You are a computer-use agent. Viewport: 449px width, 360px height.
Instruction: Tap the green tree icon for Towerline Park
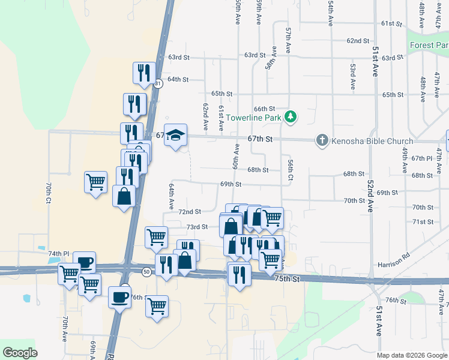click(291, 116)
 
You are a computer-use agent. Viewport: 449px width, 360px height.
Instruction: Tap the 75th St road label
click(287, 279)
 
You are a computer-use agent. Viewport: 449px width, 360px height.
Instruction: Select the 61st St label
click(391, 23)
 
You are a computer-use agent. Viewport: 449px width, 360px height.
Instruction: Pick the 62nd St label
click(358, 41)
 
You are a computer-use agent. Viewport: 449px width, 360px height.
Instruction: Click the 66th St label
click(264, 109)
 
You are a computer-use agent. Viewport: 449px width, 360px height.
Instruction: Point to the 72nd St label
click(190, 212)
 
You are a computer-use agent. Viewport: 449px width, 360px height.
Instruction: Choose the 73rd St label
click(196, 227)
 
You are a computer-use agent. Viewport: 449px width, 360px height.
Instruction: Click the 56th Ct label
click(290, 170)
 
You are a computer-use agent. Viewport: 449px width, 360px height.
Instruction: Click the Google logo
click(20, 352)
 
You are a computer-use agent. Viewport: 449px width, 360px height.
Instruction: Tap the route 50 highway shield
click(146, 272)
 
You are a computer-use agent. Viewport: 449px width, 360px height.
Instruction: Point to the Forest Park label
click(429, 46)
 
